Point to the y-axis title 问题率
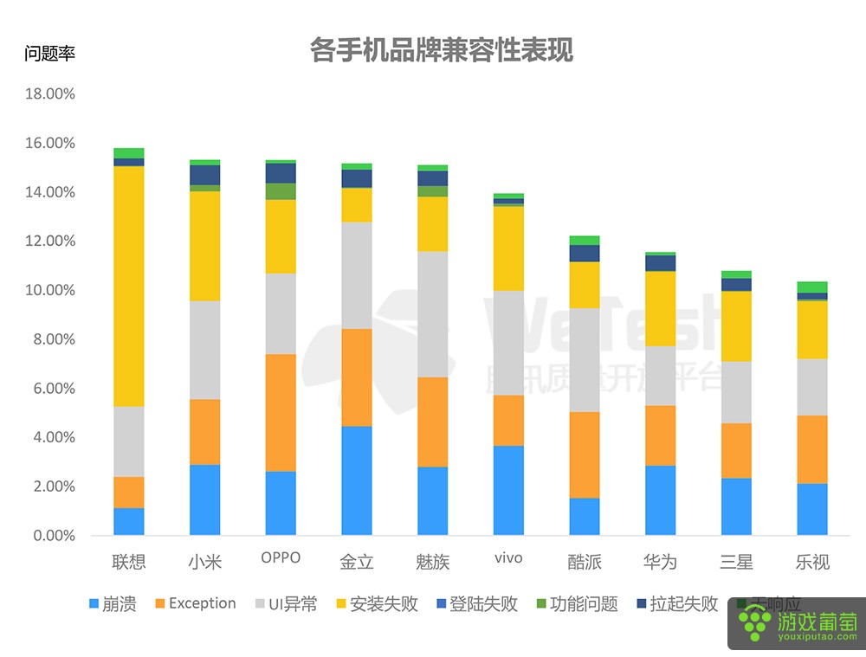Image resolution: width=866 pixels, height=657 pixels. click(x=50, y=54)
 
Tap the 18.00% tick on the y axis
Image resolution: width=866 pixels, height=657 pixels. click(x=50, y=93)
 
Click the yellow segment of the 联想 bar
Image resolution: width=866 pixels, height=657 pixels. click(x=129, y=286)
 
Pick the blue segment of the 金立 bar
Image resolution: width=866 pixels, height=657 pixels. click(x=356, y=480)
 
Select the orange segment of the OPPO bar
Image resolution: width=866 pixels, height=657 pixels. click(x=280, y=412)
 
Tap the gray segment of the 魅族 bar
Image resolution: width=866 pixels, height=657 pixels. click(x=432, y=314)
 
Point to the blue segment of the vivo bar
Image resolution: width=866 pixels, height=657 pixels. click(x=508, y=490)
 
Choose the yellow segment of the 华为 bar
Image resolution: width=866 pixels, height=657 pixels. click(x=660, y=308)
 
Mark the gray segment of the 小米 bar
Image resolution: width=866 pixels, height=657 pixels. click(x=204, y=350)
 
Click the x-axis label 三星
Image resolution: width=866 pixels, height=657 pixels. click(x=736, y=562)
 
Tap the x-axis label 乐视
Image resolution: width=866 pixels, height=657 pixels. click(x=812, y=562)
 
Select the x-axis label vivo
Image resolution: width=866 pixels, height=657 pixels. click(x=508, y=558)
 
